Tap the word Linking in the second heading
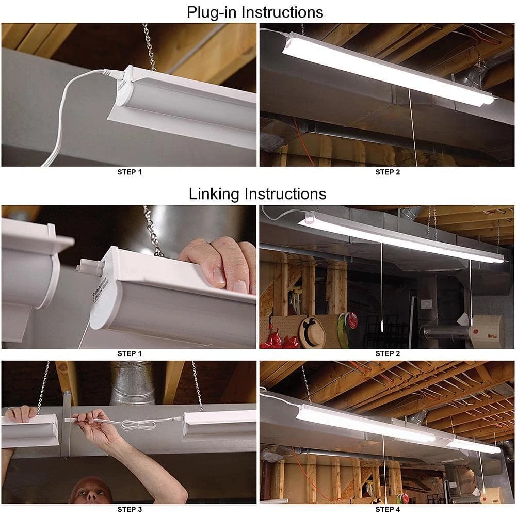[x=214, y=194]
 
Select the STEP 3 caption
[x=130, y=509]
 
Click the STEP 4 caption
[x=387, y=509]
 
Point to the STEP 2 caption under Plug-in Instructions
[x=387, y=172]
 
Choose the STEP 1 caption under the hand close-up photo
[x=130, y=353]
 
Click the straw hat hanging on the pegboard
[x=312, y=332]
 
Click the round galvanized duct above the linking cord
[x=133, y=382]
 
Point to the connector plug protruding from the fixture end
[x=85, y=267]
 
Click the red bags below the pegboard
[x=281, y=341]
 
